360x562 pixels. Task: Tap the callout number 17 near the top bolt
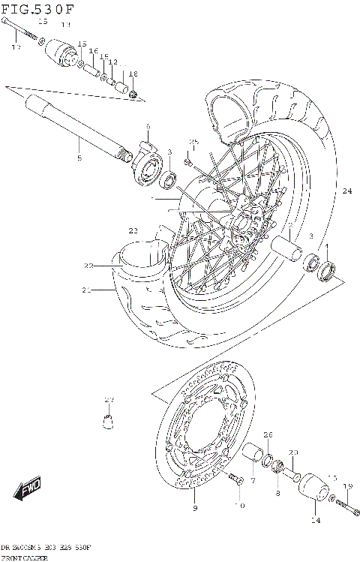[15, 48]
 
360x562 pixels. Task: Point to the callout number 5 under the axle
[79, 158]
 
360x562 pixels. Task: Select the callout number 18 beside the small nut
[133, 74]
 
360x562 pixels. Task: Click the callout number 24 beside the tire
[346, 191]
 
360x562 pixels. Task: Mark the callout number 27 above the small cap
[109, 398]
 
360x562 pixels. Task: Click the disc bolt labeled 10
[235, 478]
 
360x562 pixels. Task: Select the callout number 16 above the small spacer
[94, 51]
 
